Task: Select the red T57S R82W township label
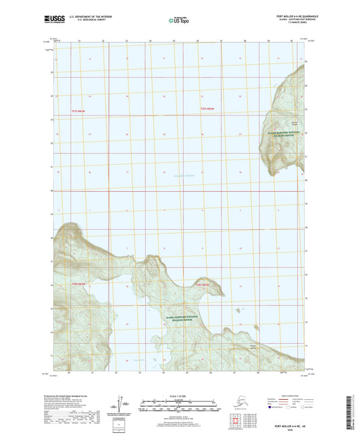tap(209, 109)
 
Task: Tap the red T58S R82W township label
tap(204, 284)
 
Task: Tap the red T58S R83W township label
tap(79, 284)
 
